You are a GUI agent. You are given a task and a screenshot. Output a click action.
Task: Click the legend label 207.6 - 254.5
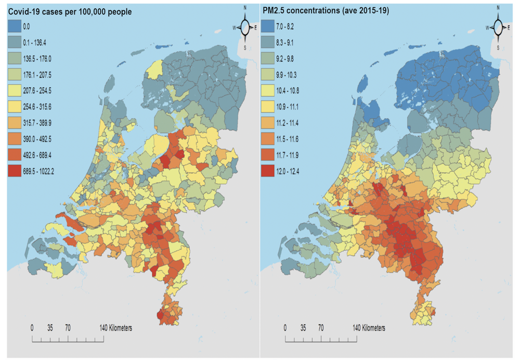(43, 90)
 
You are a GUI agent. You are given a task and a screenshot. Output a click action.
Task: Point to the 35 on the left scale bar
(50, 328)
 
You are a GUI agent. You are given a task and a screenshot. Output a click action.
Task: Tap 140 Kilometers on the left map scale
(116, 328)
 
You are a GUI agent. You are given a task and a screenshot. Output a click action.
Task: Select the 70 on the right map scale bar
(321, 328)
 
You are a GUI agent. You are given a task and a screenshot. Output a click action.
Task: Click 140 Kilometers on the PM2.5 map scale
(369, 328)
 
